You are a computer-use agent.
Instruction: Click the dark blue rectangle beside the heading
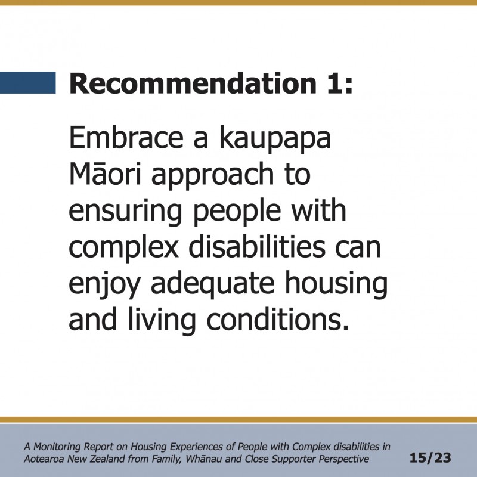click(27, 82)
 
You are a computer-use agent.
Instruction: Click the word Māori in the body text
click(106, 174)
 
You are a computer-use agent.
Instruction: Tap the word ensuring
click(125, 213)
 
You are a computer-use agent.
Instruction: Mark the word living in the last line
click(162, 321)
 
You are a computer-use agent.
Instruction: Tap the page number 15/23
click(430, 457)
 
